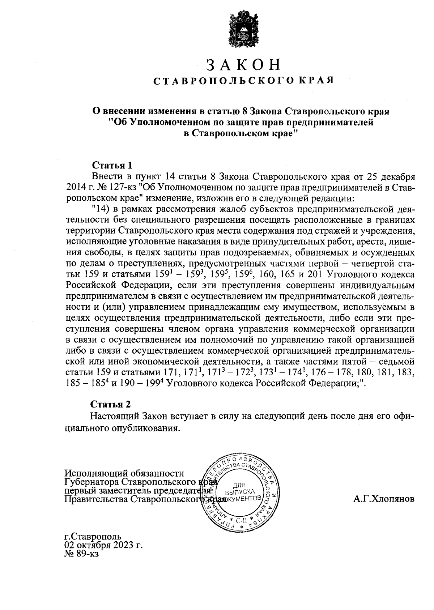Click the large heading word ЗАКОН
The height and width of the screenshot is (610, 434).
[x=243, y=65]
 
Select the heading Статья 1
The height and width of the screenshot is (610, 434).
[x=112, y=166]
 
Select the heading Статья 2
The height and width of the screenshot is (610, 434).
[x=110, y=404]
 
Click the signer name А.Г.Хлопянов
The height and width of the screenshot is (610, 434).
[x=384, y=499]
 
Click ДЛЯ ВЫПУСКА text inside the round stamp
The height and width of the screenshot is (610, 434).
[x=239, y=489]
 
